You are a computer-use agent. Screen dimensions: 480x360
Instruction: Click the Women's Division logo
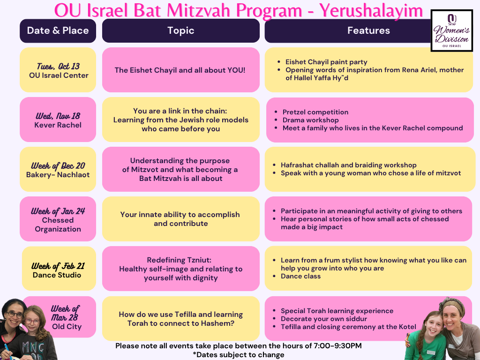point(451,30)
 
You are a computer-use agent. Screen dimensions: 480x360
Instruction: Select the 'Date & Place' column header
point(58,30)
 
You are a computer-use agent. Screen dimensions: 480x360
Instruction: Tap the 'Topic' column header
point(180,30)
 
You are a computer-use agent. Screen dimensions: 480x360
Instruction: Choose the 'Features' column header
point(368,30)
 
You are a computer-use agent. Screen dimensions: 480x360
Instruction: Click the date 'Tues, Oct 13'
point(58,66)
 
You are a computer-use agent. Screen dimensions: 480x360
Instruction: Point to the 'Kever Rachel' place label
point(58,125)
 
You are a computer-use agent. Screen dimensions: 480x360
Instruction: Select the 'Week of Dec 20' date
point(58,165)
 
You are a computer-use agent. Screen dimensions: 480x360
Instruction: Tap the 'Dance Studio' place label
point(57,275)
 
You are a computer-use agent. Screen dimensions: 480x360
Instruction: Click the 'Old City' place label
point(67,327)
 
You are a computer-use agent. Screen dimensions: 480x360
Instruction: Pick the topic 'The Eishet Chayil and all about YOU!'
point(180,70)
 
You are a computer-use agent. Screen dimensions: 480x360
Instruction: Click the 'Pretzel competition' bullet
point(315,112)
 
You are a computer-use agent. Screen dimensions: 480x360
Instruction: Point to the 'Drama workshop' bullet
point(310,120)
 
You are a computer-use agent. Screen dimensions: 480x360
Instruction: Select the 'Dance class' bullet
point(300,276)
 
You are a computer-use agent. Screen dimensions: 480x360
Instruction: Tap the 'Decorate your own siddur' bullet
point(324,319)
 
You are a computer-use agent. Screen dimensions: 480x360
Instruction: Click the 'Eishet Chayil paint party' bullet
point(326,62)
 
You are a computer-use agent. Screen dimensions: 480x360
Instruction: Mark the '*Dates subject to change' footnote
point(239,355)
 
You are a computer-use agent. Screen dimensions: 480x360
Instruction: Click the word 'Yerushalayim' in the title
point(371,11)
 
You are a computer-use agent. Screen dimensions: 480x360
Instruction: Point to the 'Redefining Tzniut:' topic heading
point(179,260)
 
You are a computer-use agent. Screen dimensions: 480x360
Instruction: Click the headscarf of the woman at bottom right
point(451,305)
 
